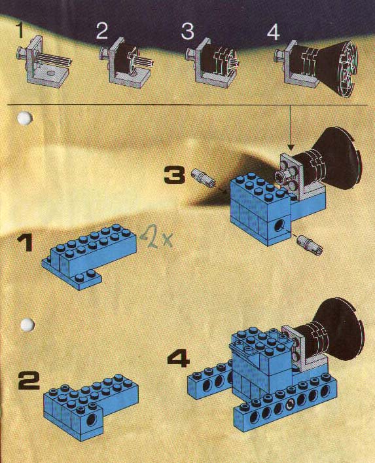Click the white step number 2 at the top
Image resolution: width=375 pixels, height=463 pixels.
pyautogui.click(x=102, y=31)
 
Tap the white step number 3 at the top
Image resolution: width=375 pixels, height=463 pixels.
pyautogui.click(x=188, y=31)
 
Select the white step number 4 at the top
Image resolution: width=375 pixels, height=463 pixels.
pyautogui.click(x=273, y=32)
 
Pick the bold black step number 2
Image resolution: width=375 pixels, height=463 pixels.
pyautogui.click(x=29, y=380)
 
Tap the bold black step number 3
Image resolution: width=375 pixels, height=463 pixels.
pyautogui.click(x=175, y=176)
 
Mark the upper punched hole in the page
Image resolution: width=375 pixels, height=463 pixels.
pyautogui.click(x=25, y=118)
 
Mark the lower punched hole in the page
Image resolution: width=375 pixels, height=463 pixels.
pyautogui.click(x=27, y=325)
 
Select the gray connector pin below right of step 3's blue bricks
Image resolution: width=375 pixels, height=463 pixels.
pyautogui.click(x=310, y=244)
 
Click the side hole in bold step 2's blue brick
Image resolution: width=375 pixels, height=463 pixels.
pyautogui.click(x=92, y=418)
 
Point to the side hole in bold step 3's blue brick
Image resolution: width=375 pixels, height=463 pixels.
pyautogui.click(x=279, y=227)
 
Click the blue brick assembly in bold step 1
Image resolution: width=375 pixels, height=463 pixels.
pyautogui.click(x=89, y=256)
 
